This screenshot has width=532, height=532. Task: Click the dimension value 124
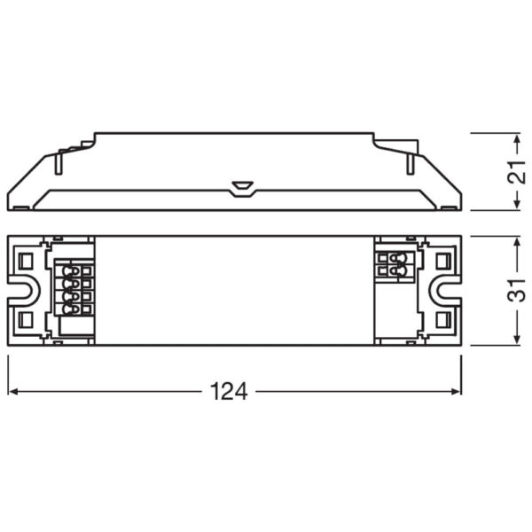click(229, 391)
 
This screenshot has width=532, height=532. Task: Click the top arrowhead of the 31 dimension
click(516, 242)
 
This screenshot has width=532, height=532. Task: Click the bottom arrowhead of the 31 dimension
click(516, 340)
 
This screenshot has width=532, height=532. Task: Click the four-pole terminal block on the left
click(75, 289)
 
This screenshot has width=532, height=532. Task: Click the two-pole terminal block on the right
click(393, 264)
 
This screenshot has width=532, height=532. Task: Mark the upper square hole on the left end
click(26, 261)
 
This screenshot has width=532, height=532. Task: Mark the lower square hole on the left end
click(26, 320)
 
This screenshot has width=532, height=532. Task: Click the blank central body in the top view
click(235, 291)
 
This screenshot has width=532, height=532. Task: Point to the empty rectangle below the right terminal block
click(393, 307)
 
